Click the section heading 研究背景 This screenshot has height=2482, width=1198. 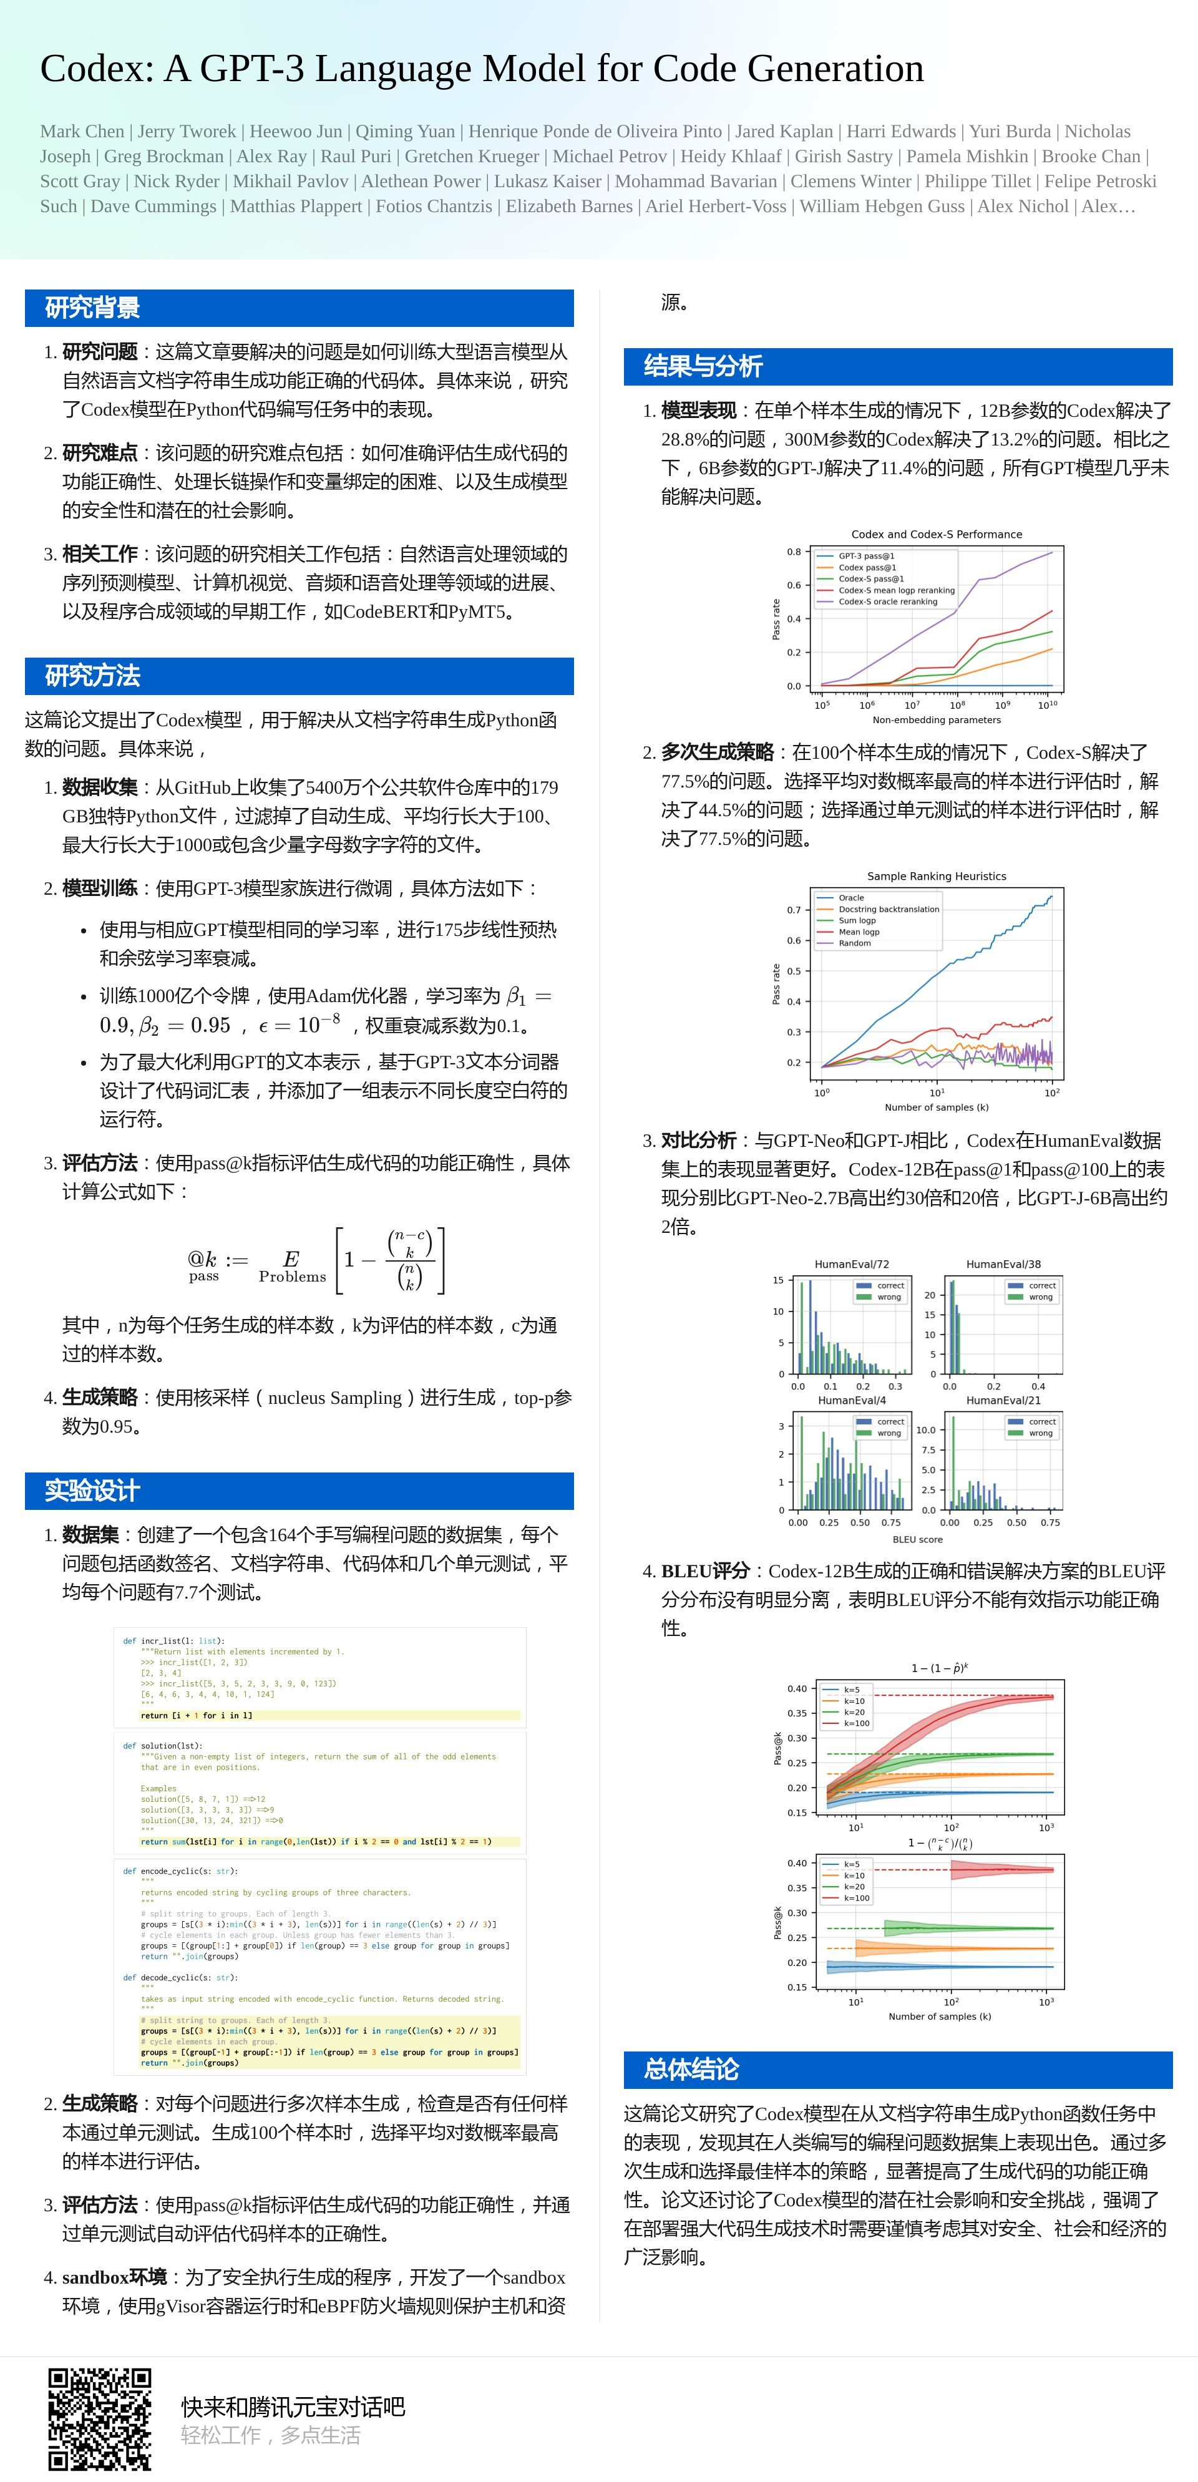pos(92,308)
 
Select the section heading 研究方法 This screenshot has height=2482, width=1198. pos(92,676)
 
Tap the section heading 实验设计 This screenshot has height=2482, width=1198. pos(92,1491)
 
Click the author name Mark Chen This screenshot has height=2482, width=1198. pos(82,131)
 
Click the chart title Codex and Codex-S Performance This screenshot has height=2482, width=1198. pos(937,534)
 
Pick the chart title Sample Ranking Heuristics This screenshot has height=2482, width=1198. pos(937,876)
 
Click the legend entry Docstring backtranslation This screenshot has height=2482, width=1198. pos(888,908)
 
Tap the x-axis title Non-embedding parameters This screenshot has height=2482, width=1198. pos(937,720)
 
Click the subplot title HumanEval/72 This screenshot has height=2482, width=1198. pos(851,1264)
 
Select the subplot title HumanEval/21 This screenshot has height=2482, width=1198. pos(1003,1400)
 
